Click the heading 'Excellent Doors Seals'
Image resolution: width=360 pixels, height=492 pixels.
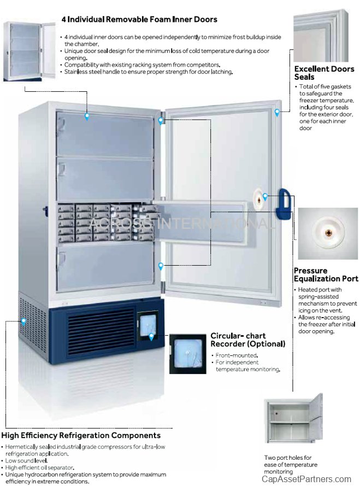pyautogui.click(x=324, y=73)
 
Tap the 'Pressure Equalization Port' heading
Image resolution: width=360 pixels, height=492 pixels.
pyautogui.click(x=326, y=274)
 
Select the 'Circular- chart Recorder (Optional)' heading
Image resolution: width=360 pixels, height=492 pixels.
pyautogui.click(x=247, y=340)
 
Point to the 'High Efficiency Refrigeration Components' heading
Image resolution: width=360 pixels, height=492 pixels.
pyautogui.click(x=81, y=435)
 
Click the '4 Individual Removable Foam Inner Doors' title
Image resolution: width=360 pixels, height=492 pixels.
pyautogui.click(x=139, y=20)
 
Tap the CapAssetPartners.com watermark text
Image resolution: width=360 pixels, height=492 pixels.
pyautogui.click(x=306, y=479)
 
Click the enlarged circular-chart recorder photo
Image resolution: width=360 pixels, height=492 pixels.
pyautogui.click(x=188, y=354)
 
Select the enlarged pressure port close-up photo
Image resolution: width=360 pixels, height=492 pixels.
pyautogui.click(x=328, y=233)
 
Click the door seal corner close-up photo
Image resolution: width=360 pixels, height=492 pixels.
pyautogui.click(x=321, y=36)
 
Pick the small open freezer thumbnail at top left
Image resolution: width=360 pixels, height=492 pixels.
pyautogui.click(x=29, y=51)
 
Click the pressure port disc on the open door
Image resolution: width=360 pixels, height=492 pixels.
pyautogui.click(x=259, y=200)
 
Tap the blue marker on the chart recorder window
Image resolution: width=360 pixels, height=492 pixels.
pyautogui.click(x=151, y=337)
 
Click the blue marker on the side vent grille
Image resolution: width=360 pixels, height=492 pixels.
pyautogui.click(x=23, y=321)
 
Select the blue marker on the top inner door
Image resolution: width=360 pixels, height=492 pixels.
pyautogui.click(x=87, y=117)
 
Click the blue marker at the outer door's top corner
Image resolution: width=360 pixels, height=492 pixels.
pyautogui.click(x=277, y=113)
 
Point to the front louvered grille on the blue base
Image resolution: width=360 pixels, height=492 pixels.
pyautogui.click(x=101, y=331)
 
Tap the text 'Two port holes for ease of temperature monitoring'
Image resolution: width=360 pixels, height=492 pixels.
pyautogui.click(x=291, y=464)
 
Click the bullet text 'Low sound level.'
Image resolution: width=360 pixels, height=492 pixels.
pyautogui.click(x=26, y=461)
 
